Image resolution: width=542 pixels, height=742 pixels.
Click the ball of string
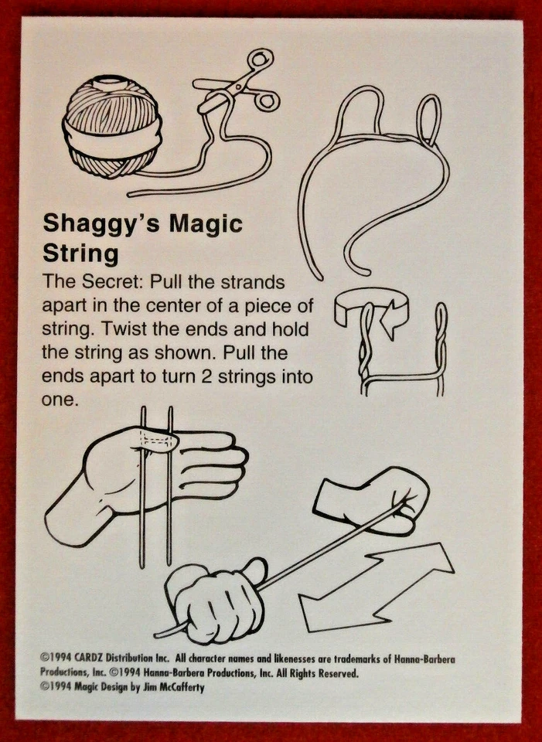(x=114, y=128)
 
